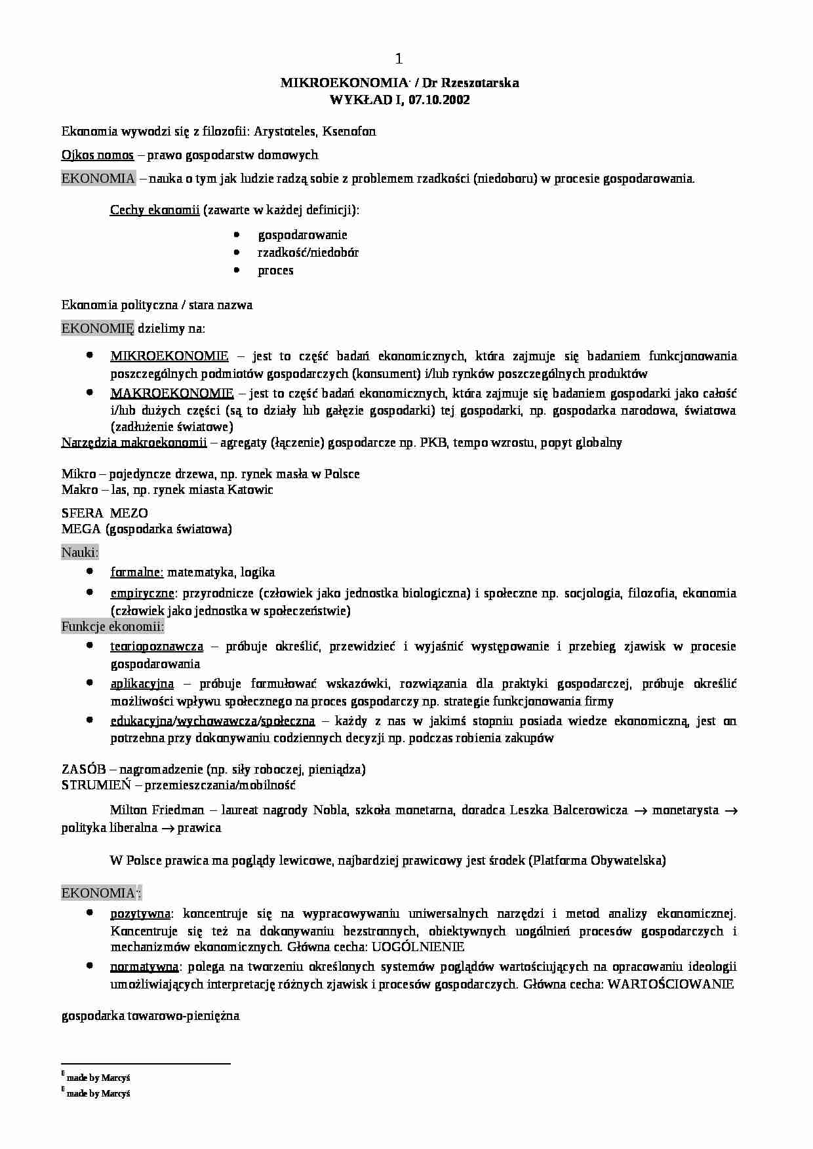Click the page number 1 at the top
(x=399, y=60)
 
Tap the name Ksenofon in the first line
(x=349, y=131)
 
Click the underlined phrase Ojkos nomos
(x=98, y=155)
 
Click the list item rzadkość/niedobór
(x=308, y=252)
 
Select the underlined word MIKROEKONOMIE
(x=169, y=356)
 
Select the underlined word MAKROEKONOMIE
(x=172, y=393)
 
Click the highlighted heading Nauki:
(x=80, y=552)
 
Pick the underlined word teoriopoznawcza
(x=157, y=646)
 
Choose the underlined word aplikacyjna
(x=142, y=683)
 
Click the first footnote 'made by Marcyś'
(x=98, y=1077)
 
